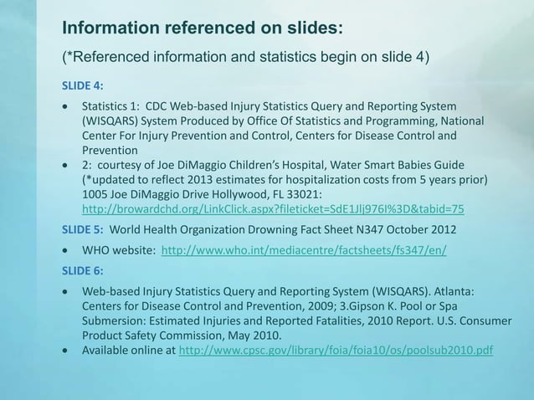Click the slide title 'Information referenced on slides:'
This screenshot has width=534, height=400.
[x=203, y=28]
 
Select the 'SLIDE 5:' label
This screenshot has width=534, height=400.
[x=81, y=228]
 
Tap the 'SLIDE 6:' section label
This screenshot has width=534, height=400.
[x=81, y=270]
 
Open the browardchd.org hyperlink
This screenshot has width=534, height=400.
[x=272, y=208]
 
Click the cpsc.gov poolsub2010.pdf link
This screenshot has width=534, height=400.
[x=336, y=349]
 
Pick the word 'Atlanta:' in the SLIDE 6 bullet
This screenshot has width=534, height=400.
[x=452, y=291]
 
